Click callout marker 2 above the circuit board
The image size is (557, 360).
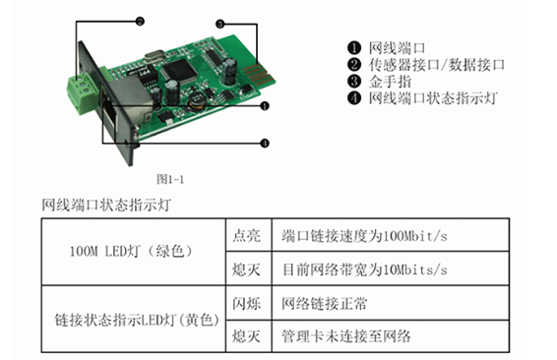(x=141, y=22)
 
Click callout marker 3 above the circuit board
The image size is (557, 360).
(x=220, y=25)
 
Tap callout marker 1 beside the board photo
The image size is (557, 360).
(x=265, y=106)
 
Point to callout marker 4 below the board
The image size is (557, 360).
(x=265, y=143)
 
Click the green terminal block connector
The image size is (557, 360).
(x=83, y=91)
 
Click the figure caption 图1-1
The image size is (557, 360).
(x=170, y=179)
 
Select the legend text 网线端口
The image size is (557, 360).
(x=397, y=48)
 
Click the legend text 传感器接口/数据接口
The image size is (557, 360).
(x=437, y=65)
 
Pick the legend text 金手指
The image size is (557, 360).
(x=390, y=82)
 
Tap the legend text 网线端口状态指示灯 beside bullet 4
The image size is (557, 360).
(x=433, y=98)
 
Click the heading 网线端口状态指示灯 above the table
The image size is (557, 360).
(x=106, y=206)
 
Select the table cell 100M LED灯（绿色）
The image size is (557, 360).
(x=131, y=252)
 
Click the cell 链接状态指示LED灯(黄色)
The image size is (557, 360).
(x=137, y=320)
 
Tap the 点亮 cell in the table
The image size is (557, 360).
(x=247, y=236)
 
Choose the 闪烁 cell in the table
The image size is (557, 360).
(x=247, y=304)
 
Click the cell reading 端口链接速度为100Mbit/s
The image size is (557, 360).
(x=364, y=236)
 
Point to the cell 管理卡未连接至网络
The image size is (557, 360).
(x=346, y=336)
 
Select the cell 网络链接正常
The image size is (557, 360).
(x=325, y=304)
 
